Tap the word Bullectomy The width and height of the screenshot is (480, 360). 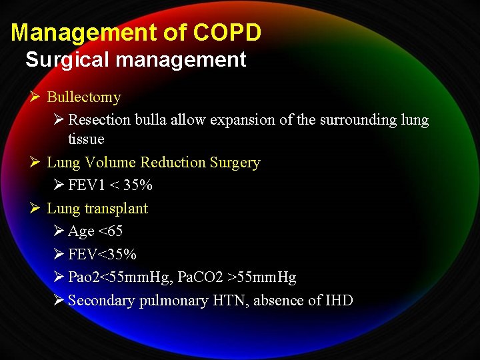coord(84,97)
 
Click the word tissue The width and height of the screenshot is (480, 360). coord(86,139)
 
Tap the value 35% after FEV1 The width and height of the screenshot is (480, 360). coord(137,185)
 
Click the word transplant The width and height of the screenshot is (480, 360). coord(116,209)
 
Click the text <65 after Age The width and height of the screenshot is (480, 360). coord(111,231)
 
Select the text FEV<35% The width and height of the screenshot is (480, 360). coord(102,255)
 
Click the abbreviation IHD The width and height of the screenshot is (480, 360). coord(339,301)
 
